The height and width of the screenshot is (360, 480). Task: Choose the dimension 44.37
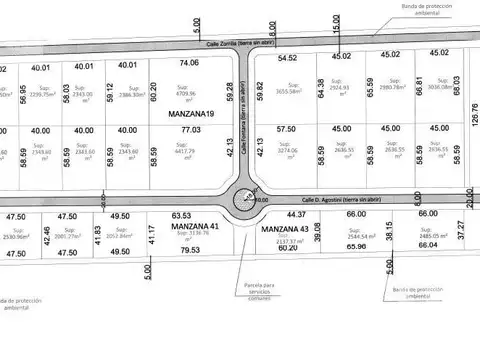295,214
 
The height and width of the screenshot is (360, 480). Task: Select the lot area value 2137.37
288,241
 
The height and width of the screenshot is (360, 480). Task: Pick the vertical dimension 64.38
320,89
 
